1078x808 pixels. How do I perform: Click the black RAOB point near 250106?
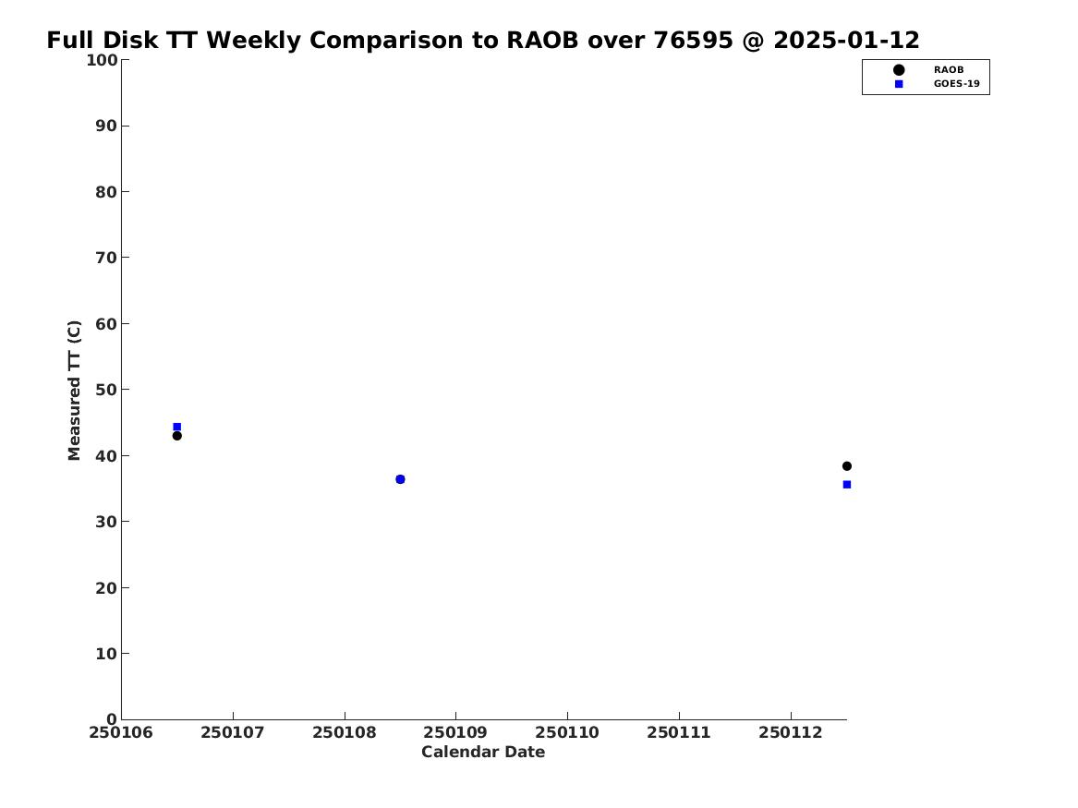click(x=176, y=436)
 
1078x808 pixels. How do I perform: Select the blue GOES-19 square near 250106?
click(x=176, y=427)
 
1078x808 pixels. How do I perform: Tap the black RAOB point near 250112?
click(x=847, y=465)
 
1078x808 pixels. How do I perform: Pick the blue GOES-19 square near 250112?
click(x=847, y=485)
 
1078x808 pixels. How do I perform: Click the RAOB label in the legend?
click(x=949, y=69)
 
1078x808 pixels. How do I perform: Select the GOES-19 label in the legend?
click(x=956, y=84)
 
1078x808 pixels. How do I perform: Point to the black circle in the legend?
click(x=899, y=69)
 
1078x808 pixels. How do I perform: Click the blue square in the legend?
click(x=899, y=84)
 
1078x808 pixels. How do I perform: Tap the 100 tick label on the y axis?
click(x=102, y=60)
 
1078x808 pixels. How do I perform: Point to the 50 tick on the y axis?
click(x=106, y=390)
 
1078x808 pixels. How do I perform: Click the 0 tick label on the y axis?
click(x=113, y=719)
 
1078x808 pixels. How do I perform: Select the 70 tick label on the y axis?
click(x=106, y=258)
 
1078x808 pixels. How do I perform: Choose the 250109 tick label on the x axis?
click(x=455, y=732)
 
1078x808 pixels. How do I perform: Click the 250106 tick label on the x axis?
click(x=121, y=732)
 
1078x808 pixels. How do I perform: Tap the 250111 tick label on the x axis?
click(x=679, y=732)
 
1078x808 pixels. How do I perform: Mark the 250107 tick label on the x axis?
click(x=233, y=732)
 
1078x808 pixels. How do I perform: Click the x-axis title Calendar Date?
click(x=483, y=752)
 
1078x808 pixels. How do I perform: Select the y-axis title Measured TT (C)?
click(x=74, y=390)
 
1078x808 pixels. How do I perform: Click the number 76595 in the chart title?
click(x=693, y=40)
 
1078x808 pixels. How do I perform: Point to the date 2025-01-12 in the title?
click(x=846, y=40)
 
